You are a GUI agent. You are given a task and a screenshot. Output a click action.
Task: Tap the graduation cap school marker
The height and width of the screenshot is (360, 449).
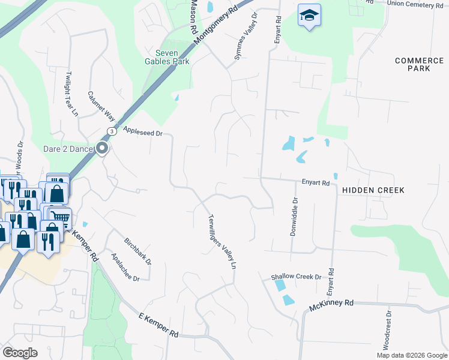click(x=309, y=16)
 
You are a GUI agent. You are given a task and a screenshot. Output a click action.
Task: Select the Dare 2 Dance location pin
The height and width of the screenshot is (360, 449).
click(x=103, y=148)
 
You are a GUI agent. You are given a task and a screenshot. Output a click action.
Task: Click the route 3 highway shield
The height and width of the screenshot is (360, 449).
click(x=111, y=131)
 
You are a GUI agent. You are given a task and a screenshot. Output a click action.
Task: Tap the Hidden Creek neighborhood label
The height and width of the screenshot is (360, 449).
click(x=373, y=190)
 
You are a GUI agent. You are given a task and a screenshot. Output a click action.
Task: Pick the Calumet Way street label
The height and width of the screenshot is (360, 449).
click(x=101, y=106)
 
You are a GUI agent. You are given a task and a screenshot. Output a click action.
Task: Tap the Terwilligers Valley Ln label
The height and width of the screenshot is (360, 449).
click(x=221, y=241)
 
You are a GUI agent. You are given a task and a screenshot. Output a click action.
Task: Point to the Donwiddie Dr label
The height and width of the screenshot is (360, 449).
click(x=294, y=217)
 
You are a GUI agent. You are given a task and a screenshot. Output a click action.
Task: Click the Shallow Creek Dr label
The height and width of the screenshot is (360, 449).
click(x=296, y=277)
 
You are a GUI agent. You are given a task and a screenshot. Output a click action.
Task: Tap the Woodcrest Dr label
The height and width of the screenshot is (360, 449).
click(x=388, y=331)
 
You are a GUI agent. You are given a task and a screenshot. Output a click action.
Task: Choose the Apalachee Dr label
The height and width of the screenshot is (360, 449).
click(x=125, y=267)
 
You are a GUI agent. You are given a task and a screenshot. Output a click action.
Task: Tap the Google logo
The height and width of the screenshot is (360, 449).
click(x=20, y=353)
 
